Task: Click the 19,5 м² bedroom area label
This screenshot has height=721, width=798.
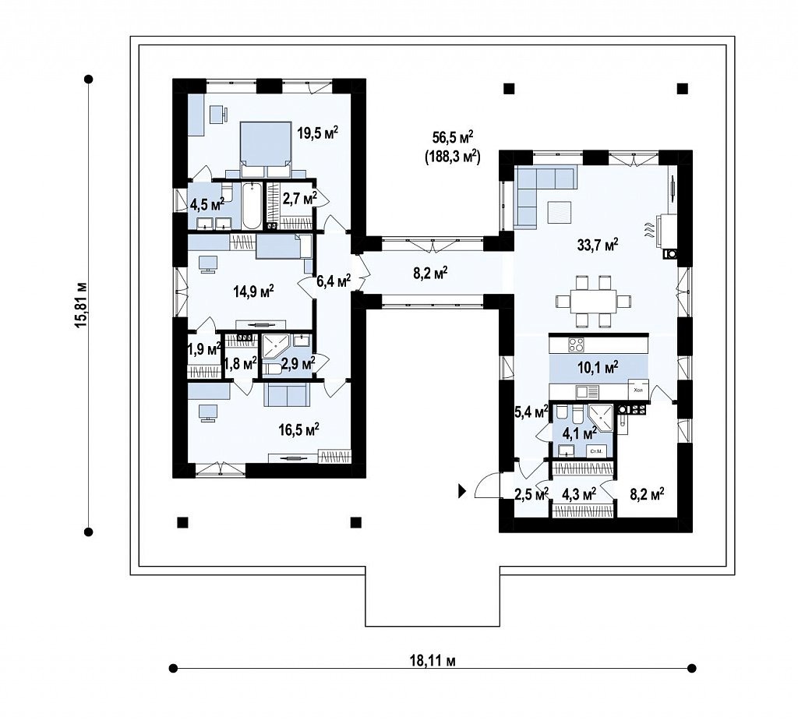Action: click(x=318, y=133)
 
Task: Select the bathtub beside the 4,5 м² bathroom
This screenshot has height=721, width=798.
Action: click(x=252, y=206)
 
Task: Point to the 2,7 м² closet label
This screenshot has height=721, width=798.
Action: click(x=300, y=198)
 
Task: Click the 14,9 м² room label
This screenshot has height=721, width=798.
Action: click(x=253, y=292)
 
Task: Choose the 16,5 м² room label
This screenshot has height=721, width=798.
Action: click(x=298, y=429)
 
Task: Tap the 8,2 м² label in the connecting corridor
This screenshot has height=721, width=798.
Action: click(x=430, y=274)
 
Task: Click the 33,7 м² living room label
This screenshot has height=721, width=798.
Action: click(x=598, y=245)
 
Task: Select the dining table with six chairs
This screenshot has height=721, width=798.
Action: click(x=592, y=301)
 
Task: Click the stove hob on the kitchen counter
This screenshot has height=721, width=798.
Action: click(x=576, y=345)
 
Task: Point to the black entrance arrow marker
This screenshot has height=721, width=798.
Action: click(x=462, y=491)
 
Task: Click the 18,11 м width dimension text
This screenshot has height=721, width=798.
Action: click(x=433, y=661)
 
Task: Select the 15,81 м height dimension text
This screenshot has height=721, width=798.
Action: click(x=81, y=305)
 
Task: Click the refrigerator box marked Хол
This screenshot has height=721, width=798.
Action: click(x=638, y=390)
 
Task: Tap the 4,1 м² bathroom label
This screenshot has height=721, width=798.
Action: click(x=579, y=434)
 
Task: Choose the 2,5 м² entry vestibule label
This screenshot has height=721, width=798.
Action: click(x=531, y=493)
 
